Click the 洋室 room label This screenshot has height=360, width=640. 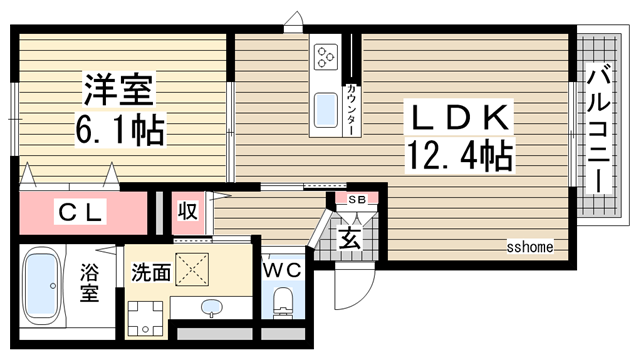[117, 91]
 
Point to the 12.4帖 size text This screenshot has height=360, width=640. [459, 154]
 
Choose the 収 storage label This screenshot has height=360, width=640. [186, 211]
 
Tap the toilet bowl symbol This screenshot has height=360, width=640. [283, 300]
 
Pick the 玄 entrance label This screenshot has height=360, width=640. [349, 238]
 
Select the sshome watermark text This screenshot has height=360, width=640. [530, 246]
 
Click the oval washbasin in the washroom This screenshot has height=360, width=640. [212, 306]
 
